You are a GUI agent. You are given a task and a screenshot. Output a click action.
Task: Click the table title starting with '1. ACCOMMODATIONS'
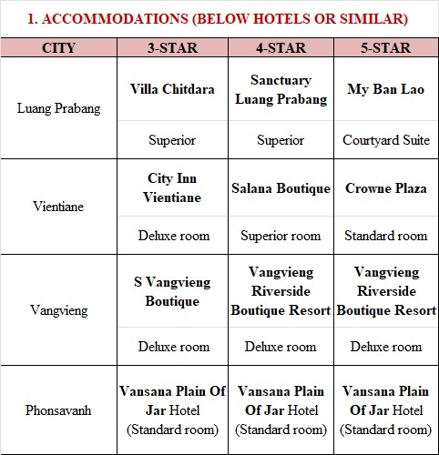pyautogui.click(x=219, y=17)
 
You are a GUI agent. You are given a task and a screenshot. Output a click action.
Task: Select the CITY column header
pyautogui.click(x=58, y=47)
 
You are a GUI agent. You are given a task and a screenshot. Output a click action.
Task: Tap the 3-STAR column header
pyautogui.click(x=172, y=47)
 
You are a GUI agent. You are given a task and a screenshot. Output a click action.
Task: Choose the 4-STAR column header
pyautogui.click(x=281, y=47)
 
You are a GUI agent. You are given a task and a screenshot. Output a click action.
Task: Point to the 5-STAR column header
pyautogui.click(x=386, y=47)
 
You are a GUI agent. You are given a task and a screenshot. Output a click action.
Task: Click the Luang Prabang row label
pyautogui.click(x=58, y=108)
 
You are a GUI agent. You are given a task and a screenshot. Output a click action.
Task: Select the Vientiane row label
pyautogui.click(x=58, y=207)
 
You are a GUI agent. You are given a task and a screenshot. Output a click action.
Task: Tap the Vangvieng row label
pyautogui.click(x=58, y=310)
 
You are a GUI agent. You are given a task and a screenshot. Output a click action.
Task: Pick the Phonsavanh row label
pyautogui.click(x=58, y=409)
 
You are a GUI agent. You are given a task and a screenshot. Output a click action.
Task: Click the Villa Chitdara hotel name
pyautogui.click(x=172, y=89)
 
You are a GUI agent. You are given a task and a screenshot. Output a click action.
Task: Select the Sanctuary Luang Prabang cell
pyautogui.click(x=281, y=89)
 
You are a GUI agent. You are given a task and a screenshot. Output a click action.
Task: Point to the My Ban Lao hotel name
pyautogui.click(x=386, y=89)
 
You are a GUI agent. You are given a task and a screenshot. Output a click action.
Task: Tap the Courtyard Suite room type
pyautogui.click(x=386, y=140)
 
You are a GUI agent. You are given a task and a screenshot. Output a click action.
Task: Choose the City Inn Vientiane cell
pyautogui.click(x=172, y=187)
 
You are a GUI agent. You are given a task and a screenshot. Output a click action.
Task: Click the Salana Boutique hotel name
pyautogui.click(x=281, y=188)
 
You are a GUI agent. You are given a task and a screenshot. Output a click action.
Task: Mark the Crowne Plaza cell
pyautogui.click(x=386, y=188)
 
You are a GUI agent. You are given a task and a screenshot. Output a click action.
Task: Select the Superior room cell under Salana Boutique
pyautogui.click(x=281, y=236)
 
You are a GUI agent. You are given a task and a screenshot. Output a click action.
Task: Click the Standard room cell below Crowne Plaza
pyautogui.click(x=386, y=236)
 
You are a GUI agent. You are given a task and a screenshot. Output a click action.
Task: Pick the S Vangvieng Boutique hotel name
pyautogui.click(x=172, y=292)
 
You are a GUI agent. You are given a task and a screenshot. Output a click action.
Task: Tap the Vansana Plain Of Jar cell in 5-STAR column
pyautogui.click(x=386, y=409)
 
